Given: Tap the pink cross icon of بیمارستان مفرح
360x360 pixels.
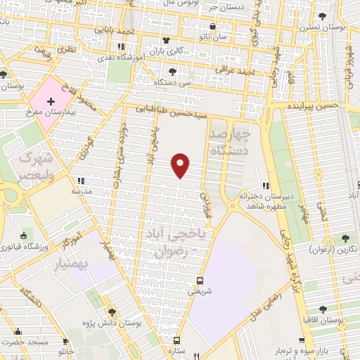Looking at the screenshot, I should (x=51, y=103).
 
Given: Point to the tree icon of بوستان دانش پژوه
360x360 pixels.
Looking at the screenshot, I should (x=112, y=312).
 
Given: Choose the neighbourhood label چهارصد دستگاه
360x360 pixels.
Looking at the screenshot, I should (x=227, y=141).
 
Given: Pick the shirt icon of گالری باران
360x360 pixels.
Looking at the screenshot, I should (x=166, y=40).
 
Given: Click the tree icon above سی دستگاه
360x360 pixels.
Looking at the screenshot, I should (x=173, y=71).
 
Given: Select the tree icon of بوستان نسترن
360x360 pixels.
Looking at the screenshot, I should (x=322, y=16).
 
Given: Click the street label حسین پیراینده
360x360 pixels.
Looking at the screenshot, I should (x=313, y=105).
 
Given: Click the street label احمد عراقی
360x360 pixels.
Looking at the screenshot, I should (x=255, y=72).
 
